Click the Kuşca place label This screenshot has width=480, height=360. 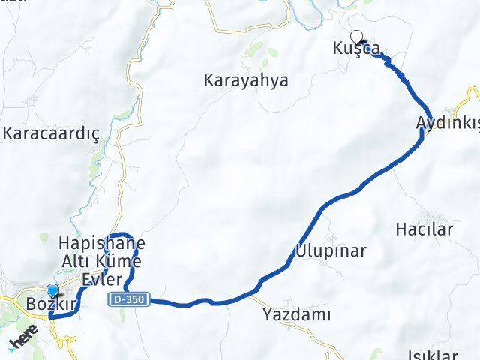(352, 49)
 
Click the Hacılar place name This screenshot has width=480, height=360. (424, 229)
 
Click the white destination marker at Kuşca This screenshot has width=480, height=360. (356, 34)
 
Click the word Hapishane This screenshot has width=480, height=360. (102, 244)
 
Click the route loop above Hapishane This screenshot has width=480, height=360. (121, 233)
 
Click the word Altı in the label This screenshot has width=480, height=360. (77, 259)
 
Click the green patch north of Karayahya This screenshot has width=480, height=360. (255, 52)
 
